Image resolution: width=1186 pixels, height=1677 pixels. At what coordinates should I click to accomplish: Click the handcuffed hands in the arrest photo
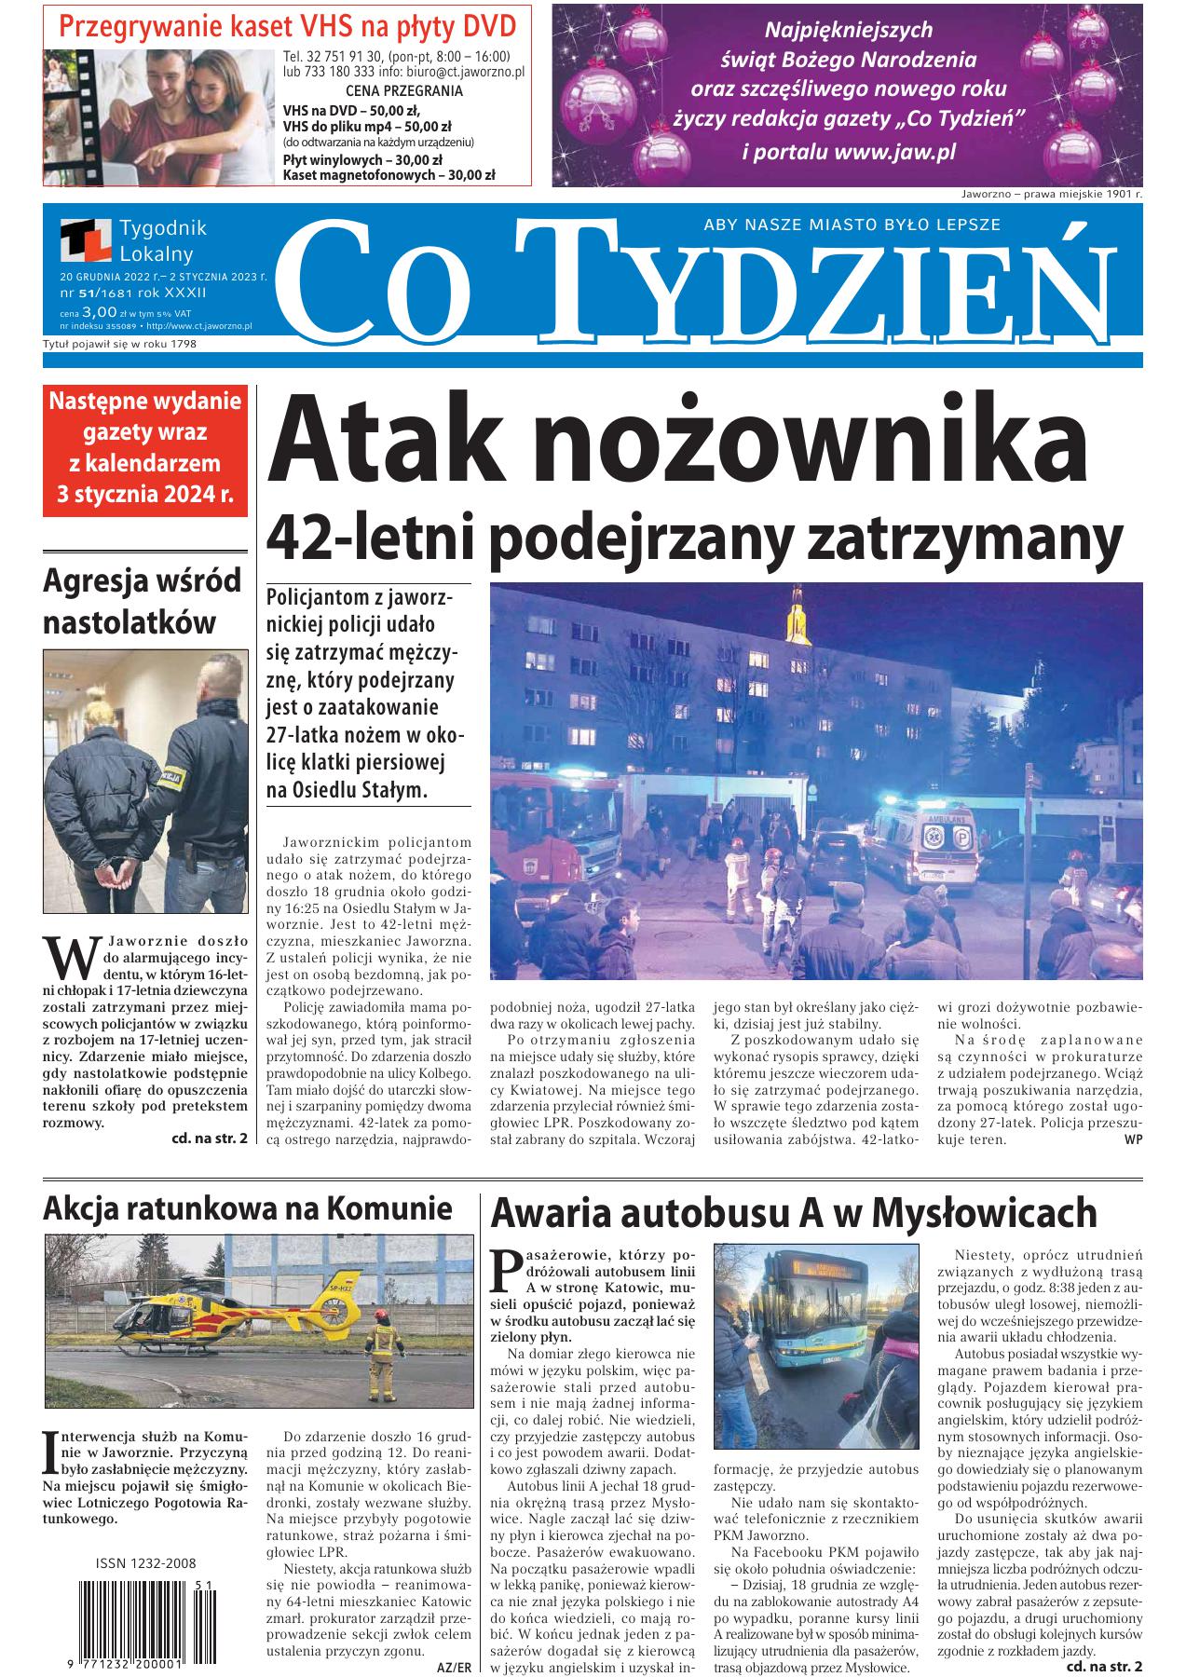tap(119, 879)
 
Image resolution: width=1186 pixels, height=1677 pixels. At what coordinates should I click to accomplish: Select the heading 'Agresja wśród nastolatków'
tap(143, 601)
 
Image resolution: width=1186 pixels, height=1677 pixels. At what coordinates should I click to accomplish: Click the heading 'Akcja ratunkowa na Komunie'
tap(247, 1208)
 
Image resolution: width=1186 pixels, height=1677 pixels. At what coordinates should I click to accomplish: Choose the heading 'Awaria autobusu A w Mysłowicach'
tap(794, 1214)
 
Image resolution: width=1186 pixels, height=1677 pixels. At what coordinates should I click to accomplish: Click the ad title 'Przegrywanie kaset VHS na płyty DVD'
tap(288, 25)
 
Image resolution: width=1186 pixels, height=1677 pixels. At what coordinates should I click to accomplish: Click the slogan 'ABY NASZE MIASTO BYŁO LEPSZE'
tap(852, 224)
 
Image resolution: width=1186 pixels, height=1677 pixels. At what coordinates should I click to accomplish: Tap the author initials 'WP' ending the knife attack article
tap(1132, 1138)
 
